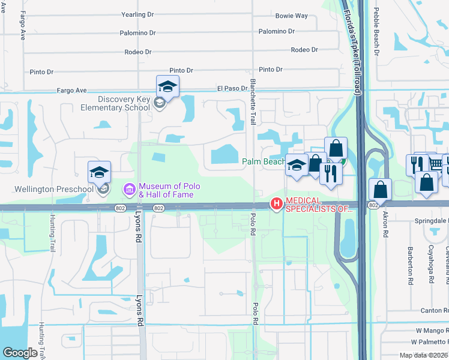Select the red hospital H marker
(x=276, y=204)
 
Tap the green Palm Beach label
(x=264, y=161)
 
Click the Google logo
(x=20, y=353)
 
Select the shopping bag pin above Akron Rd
(x=381, y=190)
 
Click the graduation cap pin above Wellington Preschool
(x=100, y=173)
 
